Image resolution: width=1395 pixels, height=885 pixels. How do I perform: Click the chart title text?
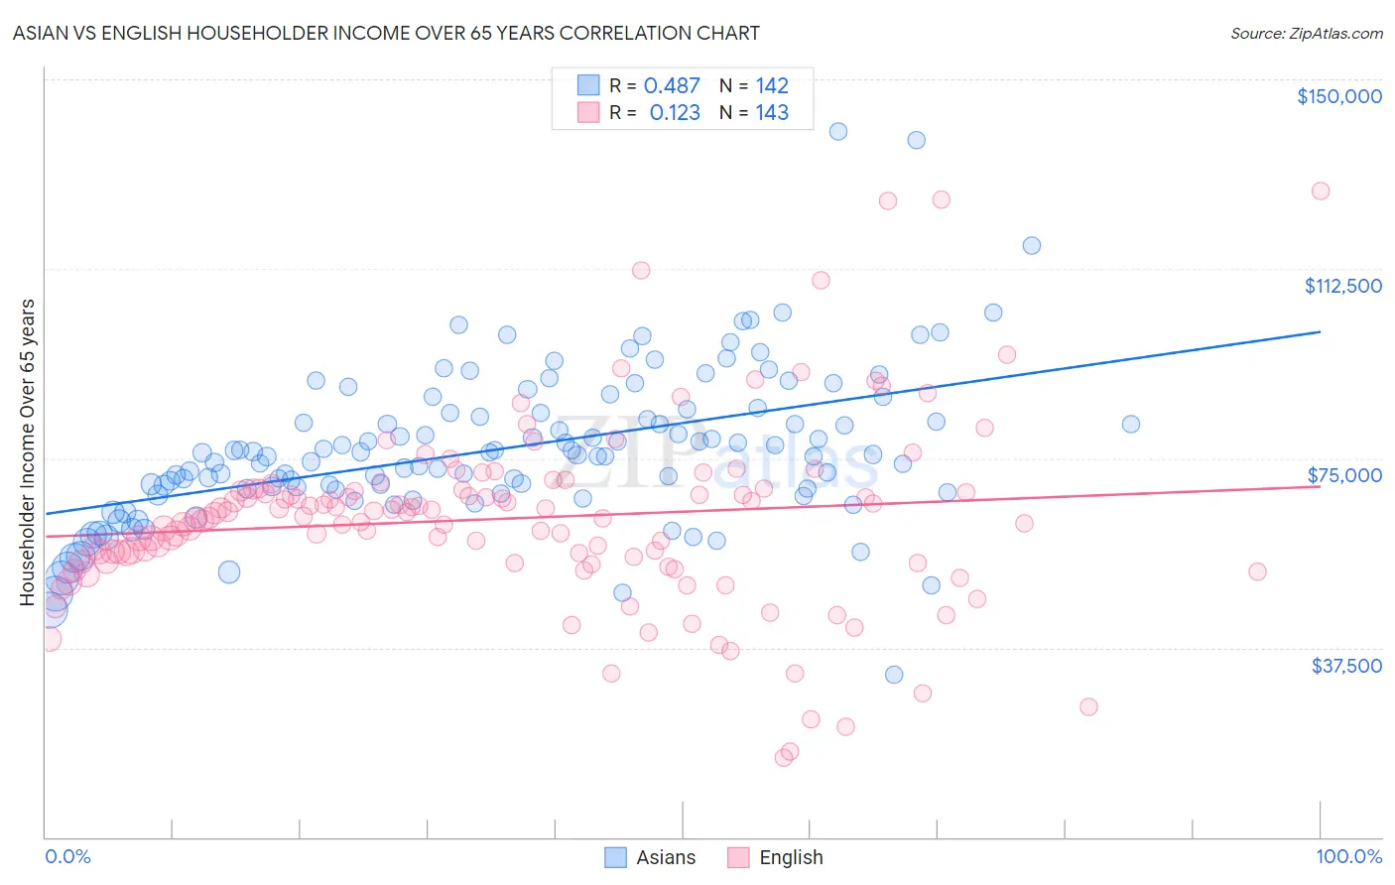(386, 33)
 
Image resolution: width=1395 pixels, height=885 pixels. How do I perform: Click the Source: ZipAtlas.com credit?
(1306, 33)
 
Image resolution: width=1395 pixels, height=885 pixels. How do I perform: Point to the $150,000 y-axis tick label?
(1338, 96)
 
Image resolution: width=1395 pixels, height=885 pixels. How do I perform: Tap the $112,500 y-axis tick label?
(1342, 286)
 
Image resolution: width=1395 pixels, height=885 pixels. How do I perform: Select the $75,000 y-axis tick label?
(1344, 475)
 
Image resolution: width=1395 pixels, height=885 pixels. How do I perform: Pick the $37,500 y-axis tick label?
(1346, 666)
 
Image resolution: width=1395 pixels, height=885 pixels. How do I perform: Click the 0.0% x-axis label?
(67, 856)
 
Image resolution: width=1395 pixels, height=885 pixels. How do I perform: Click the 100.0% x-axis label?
(1348, 856)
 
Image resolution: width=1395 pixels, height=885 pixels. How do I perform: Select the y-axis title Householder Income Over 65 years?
(28, 451)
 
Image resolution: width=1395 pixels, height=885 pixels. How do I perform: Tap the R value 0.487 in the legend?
(672, 86)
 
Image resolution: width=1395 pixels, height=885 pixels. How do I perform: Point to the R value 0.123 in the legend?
(675, 113)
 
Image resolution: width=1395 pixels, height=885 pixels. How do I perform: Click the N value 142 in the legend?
(772, 86)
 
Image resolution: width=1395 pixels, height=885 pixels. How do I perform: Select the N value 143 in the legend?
(772, 113)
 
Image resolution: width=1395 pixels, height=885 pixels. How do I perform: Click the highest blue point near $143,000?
(837, 131)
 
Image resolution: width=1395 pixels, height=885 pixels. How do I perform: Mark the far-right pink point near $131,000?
(1320, 191)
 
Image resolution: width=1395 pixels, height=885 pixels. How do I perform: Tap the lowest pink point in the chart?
(783, 757)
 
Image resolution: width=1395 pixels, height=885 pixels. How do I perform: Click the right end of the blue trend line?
(1320, 332)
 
